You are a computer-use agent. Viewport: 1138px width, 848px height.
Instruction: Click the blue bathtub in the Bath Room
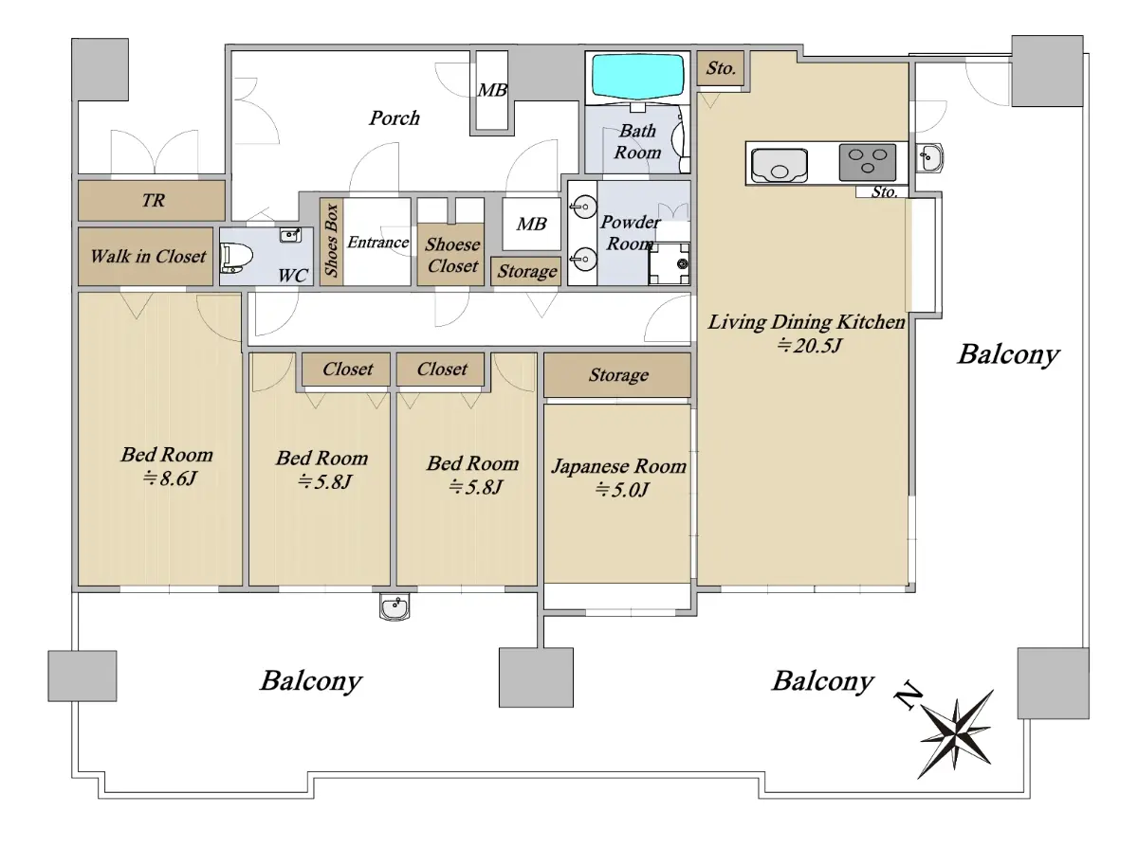coord(637,76)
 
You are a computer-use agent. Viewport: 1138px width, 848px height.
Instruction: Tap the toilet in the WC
coord(236,258)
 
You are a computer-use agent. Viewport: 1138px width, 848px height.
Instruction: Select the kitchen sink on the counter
coord(780,165)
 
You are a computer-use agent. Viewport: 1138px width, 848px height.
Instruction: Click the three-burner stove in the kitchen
coord(868,162)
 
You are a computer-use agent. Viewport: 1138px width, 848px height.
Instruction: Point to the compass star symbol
coord(956,733)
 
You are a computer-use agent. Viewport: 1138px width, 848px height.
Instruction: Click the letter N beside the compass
coord(908,696)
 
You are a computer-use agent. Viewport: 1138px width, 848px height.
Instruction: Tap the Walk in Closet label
coord(148,256)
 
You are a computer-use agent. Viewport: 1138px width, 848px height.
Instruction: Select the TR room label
coord(154,200)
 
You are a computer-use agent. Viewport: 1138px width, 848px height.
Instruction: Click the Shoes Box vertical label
coord(331,241)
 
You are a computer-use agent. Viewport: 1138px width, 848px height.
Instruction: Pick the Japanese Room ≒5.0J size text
coord(621,490)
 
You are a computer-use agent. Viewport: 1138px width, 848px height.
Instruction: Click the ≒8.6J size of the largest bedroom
coord(170,478)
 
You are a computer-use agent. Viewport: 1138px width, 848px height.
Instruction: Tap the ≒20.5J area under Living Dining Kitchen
coord(809,345)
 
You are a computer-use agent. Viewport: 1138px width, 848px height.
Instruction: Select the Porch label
coord(394,118)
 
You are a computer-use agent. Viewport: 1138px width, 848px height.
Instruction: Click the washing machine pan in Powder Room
coord(669,263)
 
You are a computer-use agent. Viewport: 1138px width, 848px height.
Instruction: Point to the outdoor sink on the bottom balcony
coord(395,606)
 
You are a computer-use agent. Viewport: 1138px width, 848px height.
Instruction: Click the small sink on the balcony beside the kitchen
coord(929,157)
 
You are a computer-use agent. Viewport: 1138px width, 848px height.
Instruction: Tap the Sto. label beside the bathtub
coord(721,68)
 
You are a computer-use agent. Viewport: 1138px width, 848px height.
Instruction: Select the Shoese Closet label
coord(452,255)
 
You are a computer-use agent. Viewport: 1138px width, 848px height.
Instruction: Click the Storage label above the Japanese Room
coord(618,374)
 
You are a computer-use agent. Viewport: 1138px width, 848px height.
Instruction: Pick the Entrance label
coord(377,242)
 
